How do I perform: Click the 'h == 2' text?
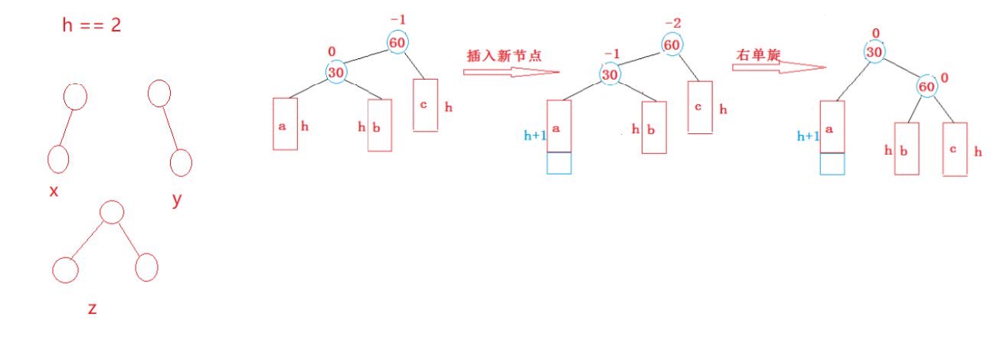point(92,25)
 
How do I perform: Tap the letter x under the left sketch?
point(54,191)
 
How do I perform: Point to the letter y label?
point(177,199)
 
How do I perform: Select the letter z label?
point(92,309)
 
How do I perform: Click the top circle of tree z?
point(112,212)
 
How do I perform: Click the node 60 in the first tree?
point(397,43)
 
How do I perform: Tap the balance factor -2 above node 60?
point(672,25)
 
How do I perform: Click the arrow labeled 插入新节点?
point(511,72)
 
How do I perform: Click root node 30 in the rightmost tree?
point(874,51)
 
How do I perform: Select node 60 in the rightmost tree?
point(927,87)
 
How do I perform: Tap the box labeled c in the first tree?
point(425,105)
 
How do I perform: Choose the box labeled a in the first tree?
point(285,123)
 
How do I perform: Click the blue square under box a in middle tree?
point(559,163)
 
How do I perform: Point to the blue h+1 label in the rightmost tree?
point(808,136)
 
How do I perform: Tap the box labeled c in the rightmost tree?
point(955,149)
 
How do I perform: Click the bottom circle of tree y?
point(181,162)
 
